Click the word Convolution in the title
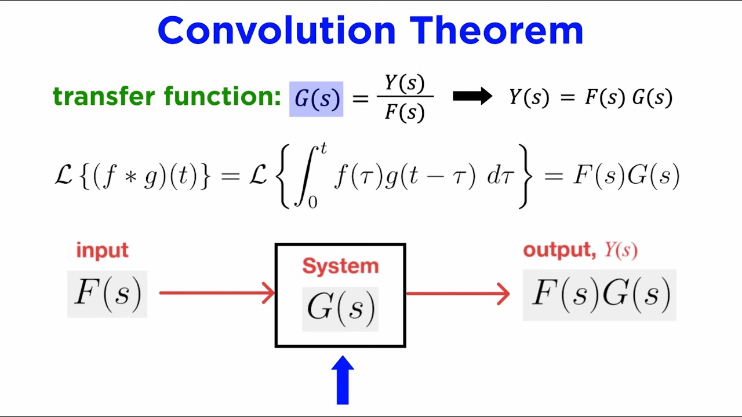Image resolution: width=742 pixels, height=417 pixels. point(278,31)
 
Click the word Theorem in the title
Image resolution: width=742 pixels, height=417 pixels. point(496,31)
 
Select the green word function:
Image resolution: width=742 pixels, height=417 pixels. point(223,96)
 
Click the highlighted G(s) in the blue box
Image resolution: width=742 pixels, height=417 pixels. point(317,99)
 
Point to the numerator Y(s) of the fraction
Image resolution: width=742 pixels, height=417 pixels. point(405,83)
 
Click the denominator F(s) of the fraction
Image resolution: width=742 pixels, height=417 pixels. point(405,111)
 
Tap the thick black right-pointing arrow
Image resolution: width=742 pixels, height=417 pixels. point(472,97)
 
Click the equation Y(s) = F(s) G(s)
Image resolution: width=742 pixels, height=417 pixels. point(590,97)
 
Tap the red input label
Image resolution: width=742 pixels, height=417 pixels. point(102,251)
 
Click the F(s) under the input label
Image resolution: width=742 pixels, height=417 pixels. point(107,294)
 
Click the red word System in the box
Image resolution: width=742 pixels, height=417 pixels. point(340,266)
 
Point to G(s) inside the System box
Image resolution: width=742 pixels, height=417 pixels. point(340,308)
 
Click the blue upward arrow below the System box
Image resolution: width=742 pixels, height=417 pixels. point(343,380)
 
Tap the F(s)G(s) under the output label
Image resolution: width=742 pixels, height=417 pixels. point(600,294)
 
